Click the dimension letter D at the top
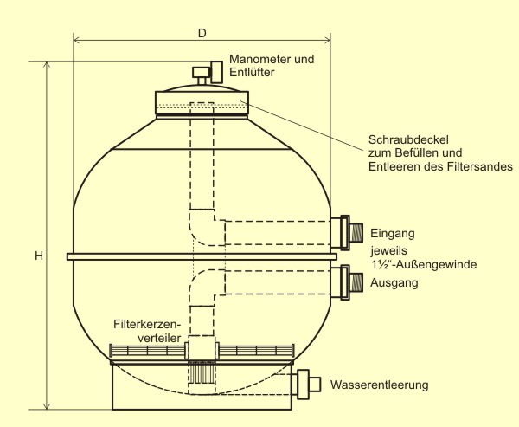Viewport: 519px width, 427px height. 202,33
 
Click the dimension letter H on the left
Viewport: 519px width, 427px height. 38,256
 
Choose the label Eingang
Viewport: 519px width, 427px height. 394,233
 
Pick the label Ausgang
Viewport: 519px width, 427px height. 394,283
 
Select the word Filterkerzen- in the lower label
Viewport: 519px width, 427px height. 147,325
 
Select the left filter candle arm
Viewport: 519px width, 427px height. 148,351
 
